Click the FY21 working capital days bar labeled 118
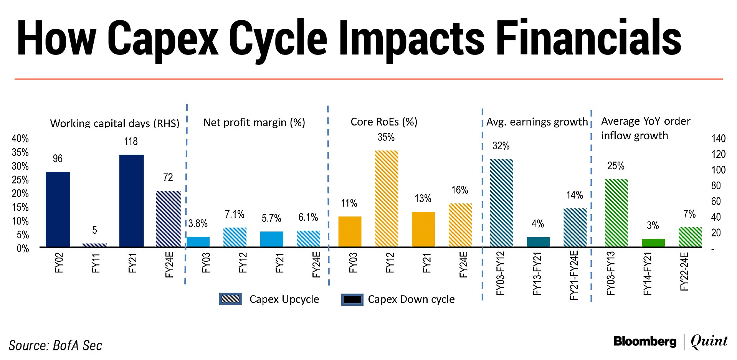[x=131, y=201]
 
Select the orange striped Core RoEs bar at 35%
[x=386, y=198]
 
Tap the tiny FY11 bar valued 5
[x=94, y=245]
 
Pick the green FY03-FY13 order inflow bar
[x=616, y=213]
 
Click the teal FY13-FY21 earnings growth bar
[x=538, y=242]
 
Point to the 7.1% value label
[x=235, y=215]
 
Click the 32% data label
[x=501, y=146]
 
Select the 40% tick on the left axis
[x=20, y=139]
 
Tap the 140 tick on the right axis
[x=718, y=139]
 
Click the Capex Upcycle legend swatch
[x=230, y=299]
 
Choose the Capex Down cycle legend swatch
[x=352, y=299]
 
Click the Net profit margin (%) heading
[x=254, y=122]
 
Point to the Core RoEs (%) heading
[x=384, y=122]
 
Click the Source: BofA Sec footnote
[x=56, y=345]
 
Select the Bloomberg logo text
[x=645, y=341]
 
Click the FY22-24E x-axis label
[x=684, y=271]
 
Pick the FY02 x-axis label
[x=59, y=263]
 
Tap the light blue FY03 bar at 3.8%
[x=198, y=242]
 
